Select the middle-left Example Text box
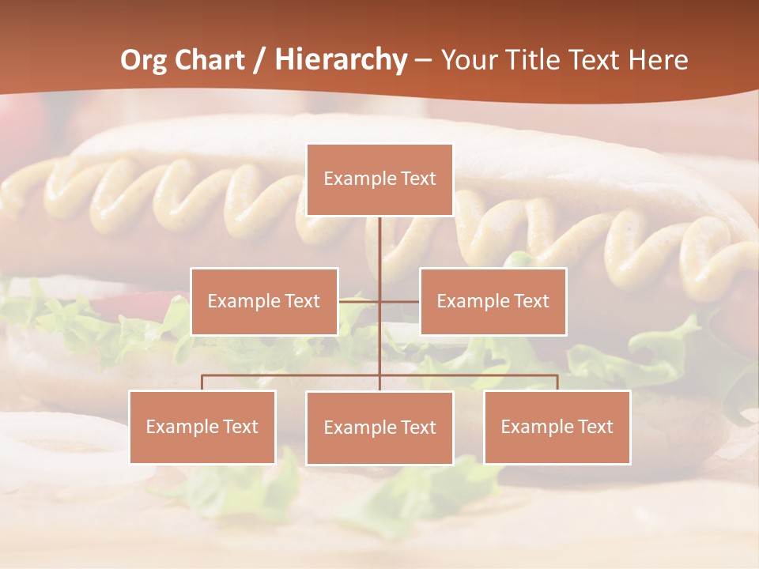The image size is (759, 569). pyautogui.click(x=264, y=301)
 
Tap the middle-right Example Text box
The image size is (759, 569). pyautogui.click(x=493, y=301)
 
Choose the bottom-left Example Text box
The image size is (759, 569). pyautogui.click(x=202, y=427)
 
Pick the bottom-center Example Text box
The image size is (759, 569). pyautogui.click(x=379, y=428)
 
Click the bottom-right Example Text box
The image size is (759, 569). pyautogui.click(x=557, y=427)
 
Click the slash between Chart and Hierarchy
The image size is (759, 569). pyautogui.click(x=259, y=60)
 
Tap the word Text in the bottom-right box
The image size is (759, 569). pyautogui.click(x=595, y=427)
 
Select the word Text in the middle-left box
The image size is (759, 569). pyautogui.click(x=302, y=301)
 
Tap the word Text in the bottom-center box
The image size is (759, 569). pyautogui.click(x=417, y=428)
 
